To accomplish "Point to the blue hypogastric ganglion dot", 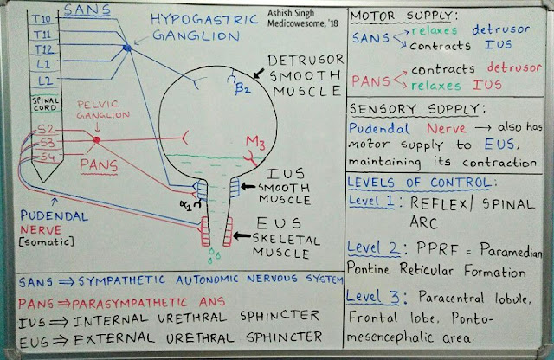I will (127, 48).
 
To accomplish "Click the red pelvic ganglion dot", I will (97, 139).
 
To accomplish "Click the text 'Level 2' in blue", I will (370, 247).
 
